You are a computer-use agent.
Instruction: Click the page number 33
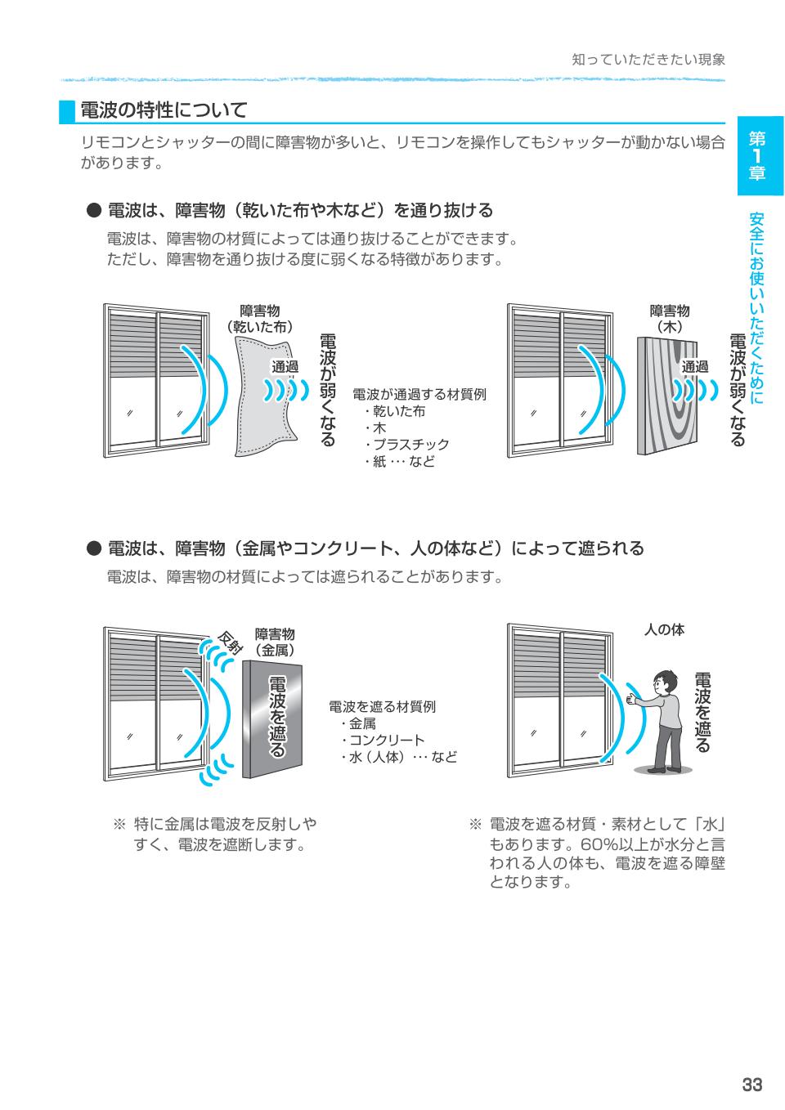[751, 1085]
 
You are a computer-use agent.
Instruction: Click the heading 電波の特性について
[164, 110]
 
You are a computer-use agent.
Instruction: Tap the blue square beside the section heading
[67, 111]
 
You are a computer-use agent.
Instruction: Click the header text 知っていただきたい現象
[648, 60]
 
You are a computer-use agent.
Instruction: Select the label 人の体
[664, 629]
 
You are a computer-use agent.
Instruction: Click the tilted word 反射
[231, 643]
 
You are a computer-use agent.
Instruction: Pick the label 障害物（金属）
[275, 642]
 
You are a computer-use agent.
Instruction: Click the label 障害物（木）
[670, 319]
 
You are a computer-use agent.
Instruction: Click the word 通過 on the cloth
[285, 367]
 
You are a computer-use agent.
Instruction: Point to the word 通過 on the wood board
[695, 367]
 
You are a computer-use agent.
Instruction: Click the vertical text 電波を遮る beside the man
[702, 712]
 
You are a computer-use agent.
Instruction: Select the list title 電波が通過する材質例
[419, 394]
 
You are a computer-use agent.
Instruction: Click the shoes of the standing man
[662, 768]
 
